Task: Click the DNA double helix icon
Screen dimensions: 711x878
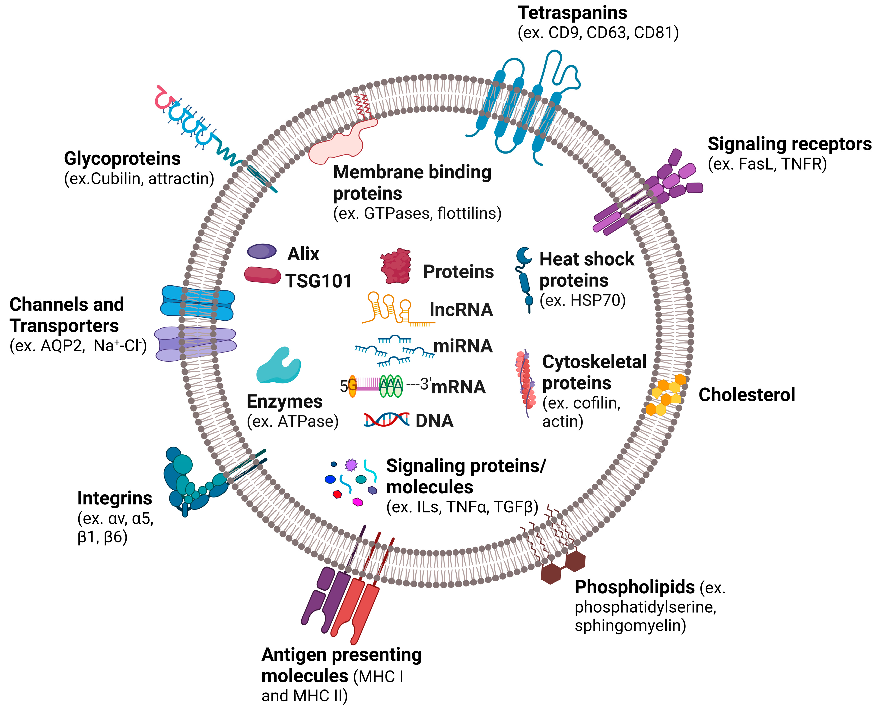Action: click(x=386, y=420)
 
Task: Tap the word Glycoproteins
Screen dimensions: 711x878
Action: click(x=122, y=158)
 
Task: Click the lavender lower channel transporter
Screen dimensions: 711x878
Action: click(x=196, y=344)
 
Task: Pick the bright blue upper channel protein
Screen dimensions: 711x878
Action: click(x=197, y=303)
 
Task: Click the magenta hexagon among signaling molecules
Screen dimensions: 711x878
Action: click(x=357, y=502)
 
